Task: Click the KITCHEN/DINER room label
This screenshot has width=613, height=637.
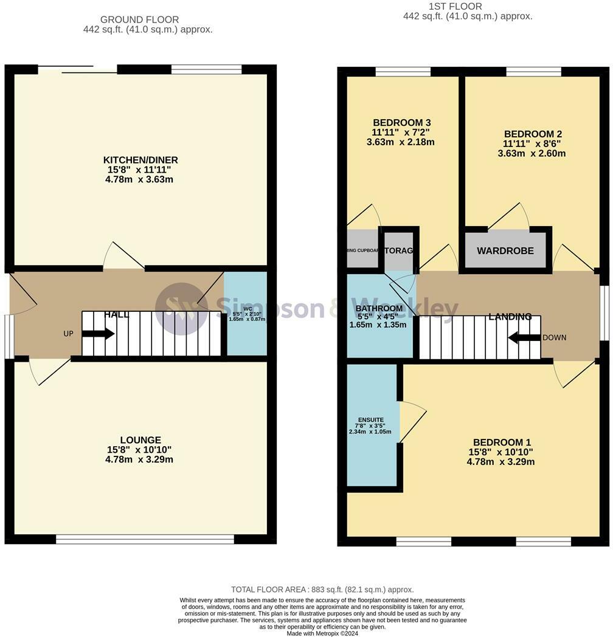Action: coord(140,160)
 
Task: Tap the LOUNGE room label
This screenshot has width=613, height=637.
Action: coord(140,440)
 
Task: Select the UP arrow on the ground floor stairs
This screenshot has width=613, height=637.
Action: coord(98,334)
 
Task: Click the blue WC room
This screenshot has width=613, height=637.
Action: coord(246,314)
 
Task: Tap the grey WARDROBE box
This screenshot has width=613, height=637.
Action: coord(505,250)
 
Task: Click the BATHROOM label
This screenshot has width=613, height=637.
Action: coord(379,309)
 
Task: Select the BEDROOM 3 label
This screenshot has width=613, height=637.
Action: coord(402,123)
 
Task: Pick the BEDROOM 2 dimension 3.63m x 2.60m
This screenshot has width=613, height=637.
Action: coord(532,154)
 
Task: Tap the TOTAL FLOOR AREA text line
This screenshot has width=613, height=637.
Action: coord(322,590)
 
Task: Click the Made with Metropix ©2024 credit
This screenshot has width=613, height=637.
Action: coord(322,633)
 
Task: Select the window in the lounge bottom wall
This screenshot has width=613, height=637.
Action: coord(145,539)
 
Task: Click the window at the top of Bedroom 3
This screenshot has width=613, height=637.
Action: coord(403,72)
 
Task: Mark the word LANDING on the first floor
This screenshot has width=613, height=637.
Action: coord(510,317)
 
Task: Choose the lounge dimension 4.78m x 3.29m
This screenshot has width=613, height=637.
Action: coord(139,460)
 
